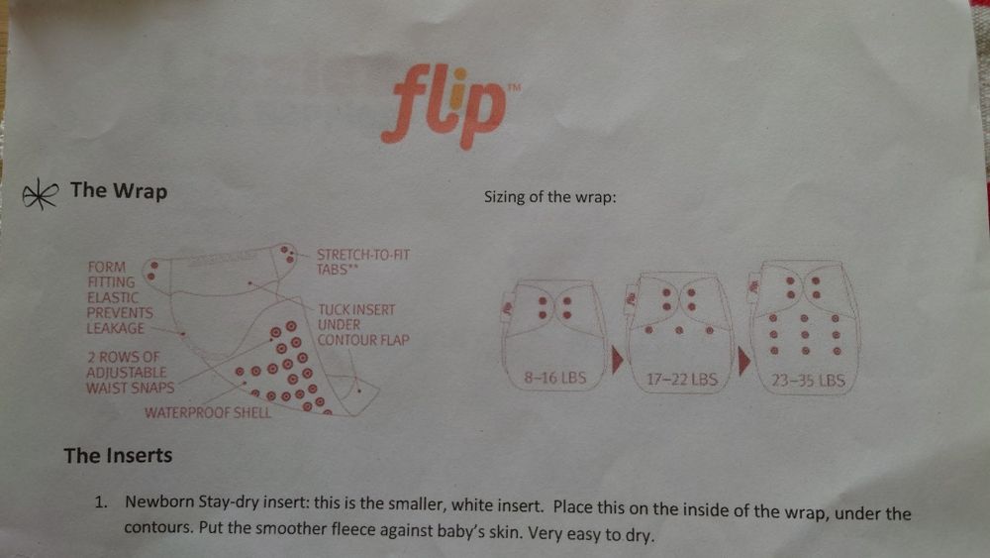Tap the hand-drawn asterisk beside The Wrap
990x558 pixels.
(40, 193)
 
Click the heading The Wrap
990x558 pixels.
(119, 190)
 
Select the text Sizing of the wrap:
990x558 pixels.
(549, 197)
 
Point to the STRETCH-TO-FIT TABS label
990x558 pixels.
(363, 262)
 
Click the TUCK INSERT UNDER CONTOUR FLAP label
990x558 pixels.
(363, 325)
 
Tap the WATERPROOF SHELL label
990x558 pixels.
(208, 412)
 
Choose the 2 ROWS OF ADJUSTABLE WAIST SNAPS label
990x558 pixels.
(130, 373)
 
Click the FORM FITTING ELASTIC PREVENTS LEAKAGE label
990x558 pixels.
(120, 297)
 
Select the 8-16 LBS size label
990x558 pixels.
(555, 378)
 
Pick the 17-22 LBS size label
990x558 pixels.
(682, 380)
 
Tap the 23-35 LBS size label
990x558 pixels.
(808, 380)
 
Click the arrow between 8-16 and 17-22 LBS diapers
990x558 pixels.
(617, 360)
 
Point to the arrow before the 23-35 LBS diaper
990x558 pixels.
(743, 361)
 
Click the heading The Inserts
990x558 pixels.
(118, 456)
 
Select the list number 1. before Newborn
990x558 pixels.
(101, 502)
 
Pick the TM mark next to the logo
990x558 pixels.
(515, 88)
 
